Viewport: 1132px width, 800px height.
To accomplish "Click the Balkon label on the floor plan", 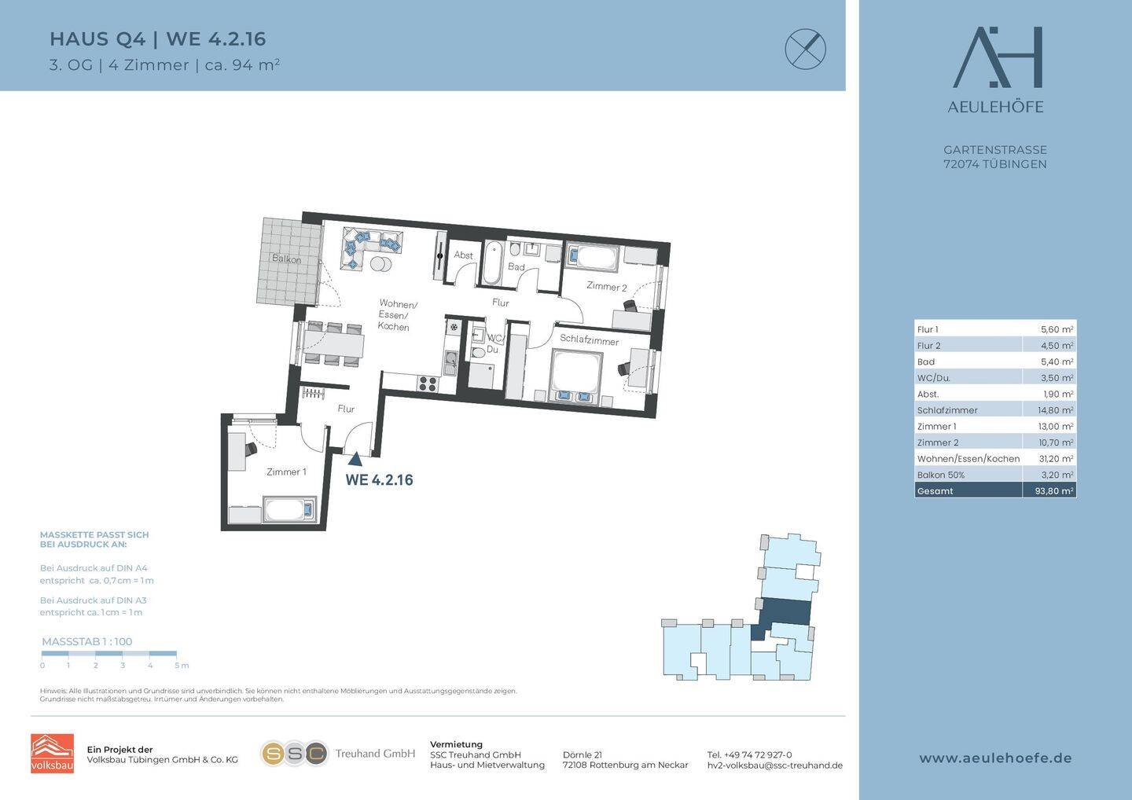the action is [x=286, y=259].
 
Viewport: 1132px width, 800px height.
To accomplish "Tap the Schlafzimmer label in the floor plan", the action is [x=590, y=340].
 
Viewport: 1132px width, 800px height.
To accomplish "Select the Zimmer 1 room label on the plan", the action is [x=286, y=472].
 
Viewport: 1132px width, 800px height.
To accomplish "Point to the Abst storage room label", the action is [x=464, y=255].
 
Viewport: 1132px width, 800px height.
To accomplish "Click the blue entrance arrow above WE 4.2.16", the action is [x=355, y=459].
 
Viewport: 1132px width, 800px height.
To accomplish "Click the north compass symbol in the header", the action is [x=806, y=49].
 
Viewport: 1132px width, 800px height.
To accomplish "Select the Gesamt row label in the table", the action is [x=935, y=491].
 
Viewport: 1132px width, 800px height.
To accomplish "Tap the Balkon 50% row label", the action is [x=941, y=475].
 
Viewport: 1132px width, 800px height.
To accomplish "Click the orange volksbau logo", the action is [x=52, y=754].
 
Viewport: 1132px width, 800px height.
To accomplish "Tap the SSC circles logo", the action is [x=295, y=754].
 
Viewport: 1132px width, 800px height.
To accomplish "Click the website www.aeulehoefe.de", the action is [x=995, y=758].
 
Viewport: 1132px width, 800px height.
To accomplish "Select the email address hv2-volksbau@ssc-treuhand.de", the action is [x=775, y=765].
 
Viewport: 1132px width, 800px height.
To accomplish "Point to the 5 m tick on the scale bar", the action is [x=176, y=655].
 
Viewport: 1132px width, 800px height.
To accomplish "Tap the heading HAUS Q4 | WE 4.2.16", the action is [x=158, y=39].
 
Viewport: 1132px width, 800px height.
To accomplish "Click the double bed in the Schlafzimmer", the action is [x=577, y=376].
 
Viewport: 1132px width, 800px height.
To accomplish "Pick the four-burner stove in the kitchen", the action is [x=428, y=383].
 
